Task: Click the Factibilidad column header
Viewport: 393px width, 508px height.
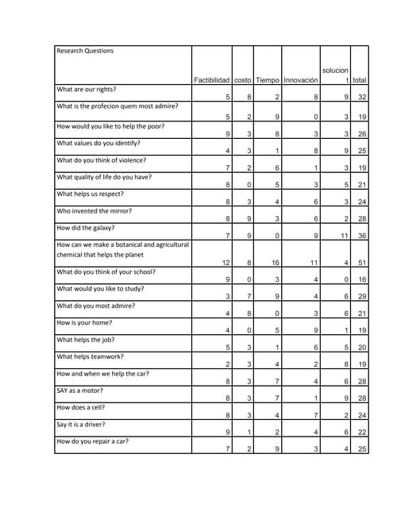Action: (212, 80)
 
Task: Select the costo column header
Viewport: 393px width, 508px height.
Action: (243, 80)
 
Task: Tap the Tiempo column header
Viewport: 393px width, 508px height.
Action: (268, 80)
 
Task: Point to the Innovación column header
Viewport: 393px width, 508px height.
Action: (301, 80)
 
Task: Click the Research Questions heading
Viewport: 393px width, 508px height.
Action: (85, 51)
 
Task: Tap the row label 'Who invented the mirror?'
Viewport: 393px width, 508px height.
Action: (94, 211)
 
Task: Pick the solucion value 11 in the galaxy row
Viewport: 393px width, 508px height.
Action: (345, 236)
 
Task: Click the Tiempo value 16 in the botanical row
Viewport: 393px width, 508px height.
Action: (275, 263)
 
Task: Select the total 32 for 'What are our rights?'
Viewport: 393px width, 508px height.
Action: (361, 98)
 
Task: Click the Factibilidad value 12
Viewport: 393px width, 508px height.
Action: (226, 263)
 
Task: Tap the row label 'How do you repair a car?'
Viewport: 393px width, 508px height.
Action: (93, 441)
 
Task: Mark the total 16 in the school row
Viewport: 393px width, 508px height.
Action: (361, 279)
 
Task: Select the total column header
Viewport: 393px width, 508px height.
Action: (360, 80)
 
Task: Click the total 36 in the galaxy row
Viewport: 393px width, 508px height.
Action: (361, 236)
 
